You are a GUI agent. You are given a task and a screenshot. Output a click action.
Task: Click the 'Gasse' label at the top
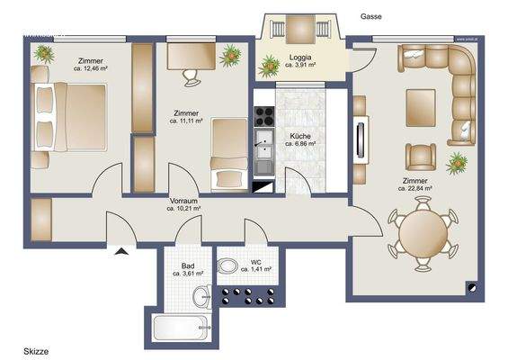pos(370,16)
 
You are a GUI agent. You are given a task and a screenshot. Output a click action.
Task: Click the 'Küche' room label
pos(299,133)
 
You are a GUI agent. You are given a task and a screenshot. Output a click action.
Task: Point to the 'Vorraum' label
pos(183,200)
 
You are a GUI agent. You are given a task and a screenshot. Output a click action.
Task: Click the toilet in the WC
pos(228,265)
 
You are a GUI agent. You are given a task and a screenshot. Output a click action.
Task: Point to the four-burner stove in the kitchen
pos(264,116)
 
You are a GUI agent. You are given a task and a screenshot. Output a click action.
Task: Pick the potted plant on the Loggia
pos(270,65)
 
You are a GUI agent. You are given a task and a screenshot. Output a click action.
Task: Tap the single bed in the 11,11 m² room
pos(229,157)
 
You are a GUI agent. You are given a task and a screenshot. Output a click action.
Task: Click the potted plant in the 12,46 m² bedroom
pos(42,53)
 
